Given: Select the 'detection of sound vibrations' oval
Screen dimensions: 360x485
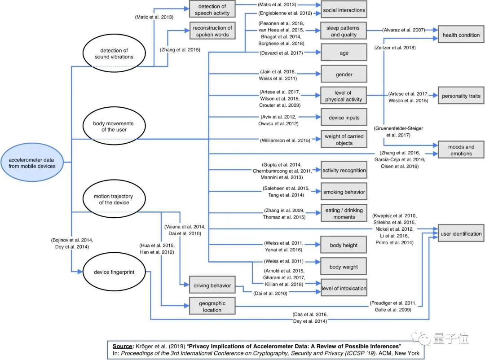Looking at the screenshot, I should (x=114, y=53).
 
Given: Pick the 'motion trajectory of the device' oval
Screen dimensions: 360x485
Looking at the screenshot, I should (x=113, y=199).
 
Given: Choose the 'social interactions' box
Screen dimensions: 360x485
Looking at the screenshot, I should (x=344, y=10).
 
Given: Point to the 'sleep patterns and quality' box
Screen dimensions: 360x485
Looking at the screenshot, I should (x=344, y=31).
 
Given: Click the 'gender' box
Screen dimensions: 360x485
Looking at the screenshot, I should (x=344, y=75).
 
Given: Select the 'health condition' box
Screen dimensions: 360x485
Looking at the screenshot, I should (x=461, y=35).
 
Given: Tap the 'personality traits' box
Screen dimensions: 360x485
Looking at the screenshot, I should (x=461, y=96).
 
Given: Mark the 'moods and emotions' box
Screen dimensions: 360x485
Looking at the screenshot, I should (x=461, y=150).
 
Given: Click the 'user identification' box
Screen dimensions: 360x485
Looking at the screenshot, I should (x=461, y=233).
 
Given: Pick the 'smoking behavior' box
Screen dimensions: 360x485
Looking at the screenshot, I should (x=344, y=192).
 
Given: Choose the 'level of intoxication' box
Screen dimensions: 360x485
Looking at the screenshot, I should (x=344, y=288).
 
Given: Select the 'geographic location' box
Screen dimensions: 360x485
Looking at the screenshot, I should (x=212, y=306).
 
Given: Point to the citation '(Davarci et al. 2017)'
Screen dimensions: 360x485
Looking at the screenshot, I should (x=282, y=53).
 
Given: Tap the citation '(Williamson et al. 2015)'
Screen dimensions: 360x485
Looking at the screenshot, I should (x=285, y=140).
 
